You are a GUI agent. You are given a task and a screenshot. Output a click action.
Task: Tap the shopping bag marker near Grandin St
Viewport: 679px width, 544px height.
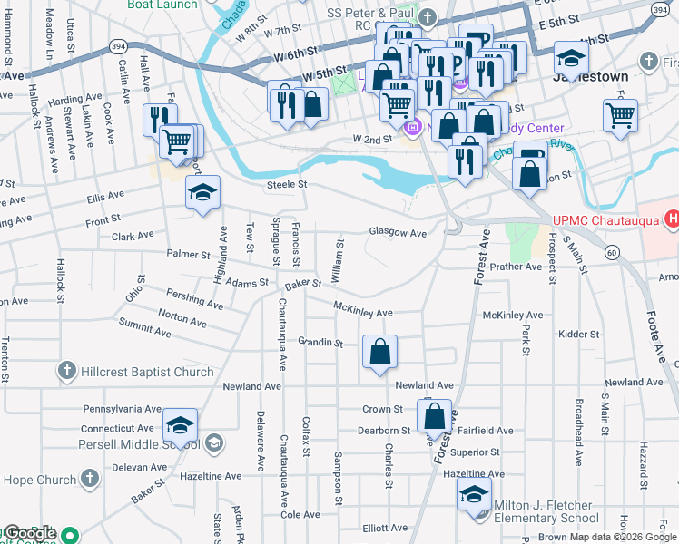point(379,353)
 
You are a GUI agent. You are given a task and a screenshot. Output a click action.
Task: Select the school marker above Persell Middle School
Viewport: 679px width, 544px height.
point(181,425)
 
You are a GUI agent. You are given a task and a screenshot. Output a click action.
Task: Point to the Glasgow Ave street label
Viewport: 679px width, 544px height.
point(398,233)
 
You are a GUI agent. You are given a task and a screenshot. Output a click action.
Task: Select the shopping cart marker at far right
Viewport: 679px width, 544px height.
point(621,114)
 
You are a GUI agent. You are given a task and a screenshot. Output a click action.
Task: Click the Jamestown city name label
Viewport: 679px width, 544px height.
point(590,77)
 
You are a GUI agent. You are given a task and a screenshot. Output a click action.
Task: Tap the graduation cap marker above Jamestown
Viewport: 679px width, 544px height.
point(570,59)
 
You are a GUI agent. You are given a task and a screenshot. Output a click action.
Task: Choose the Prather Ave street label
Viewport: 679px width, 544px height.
point(515,267)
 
